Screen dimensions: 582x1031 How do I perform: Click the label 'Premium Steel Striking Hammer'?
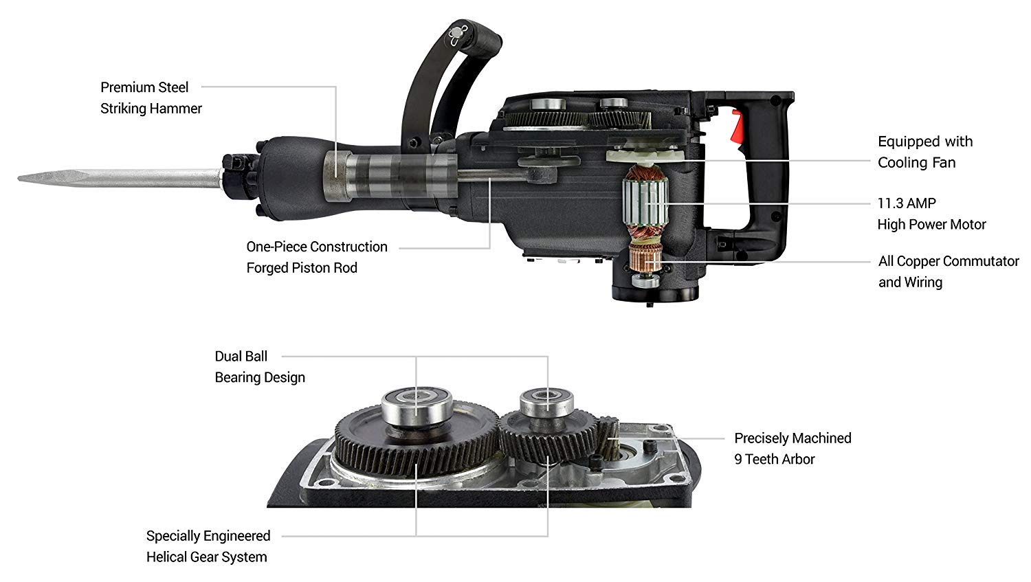[151, 98]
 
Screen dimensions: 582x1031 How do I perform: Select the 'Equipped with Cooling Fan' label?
[925, 152]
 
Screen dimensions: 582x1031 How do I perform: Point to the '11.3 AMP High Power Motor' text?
[931, 214]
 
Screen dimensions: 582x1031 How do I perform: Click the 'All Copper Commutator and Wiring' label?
[949, 271]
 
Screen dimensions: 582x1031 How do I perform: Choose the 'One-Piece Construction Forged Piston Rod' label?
[317, 257]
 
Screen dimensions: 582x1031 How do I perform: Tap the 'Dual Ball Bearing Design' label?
[260, 367]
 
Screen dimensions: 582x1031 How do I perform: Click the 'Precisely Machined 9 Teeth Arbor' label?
[792, 448]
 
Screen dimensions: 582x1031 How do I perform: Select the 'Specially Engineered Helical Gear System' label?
[208, 546]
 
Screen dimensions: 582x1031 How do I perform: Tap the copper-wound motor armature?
[645, 203]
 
